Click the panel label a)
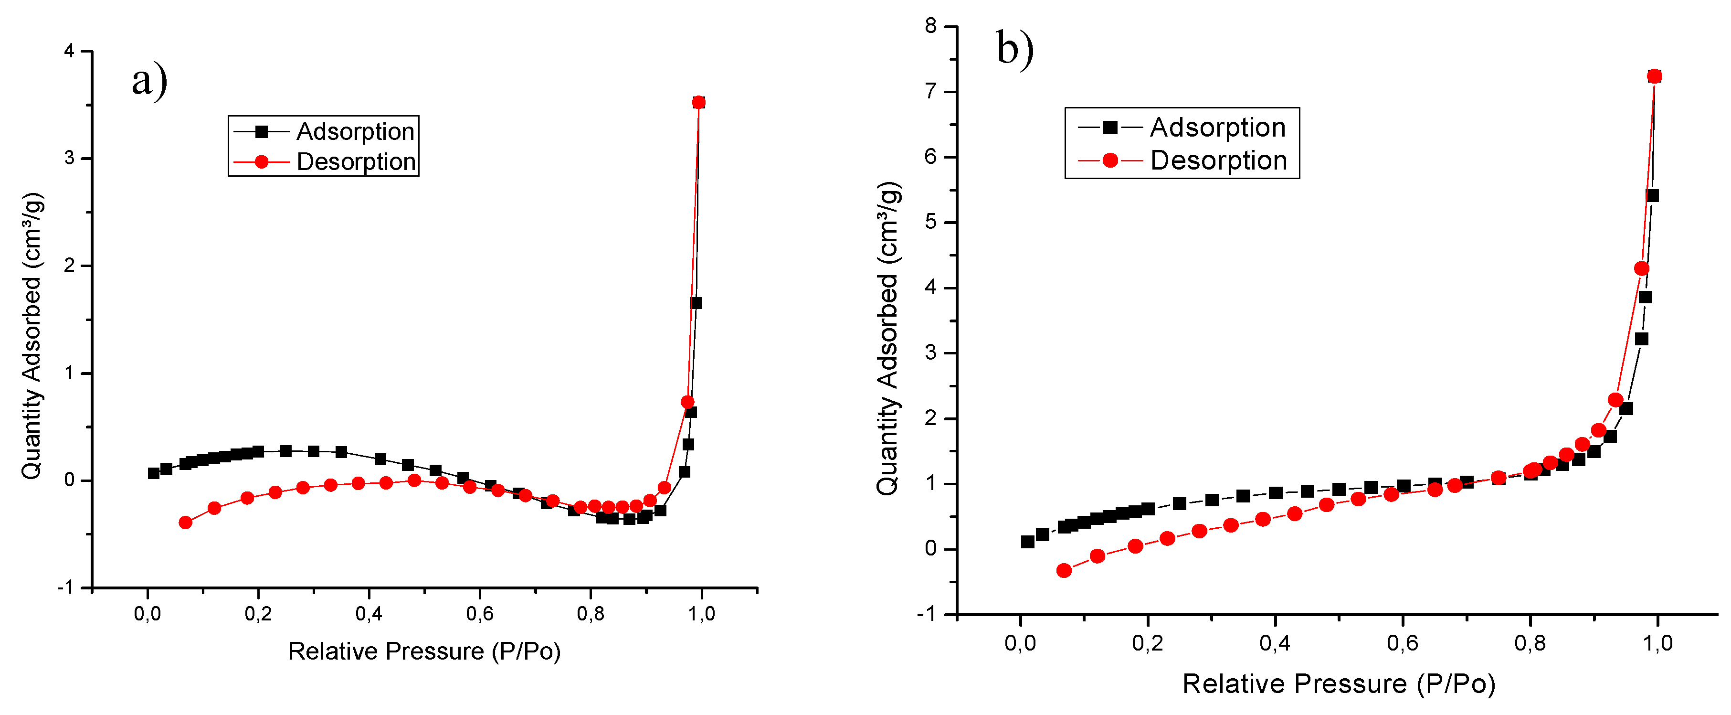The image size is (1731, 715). click(149, 81)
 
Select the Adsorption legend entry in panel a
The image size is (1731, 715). click(355, 132)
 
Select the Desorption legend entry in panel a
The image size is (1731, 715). click(356, 162)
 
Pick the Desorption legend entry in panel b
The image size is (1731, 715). click(1218, 160)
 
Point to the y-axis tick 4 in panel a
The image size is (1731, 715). click(69, 51)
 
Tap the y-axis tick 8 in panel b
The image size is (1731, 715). click(931, 26)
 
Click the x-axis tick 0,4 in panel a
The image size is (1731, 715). click(369, 614)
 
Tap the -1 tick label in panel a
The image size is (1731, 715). click(65, 588)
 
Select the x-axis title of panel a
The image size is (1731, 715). click(424, 651)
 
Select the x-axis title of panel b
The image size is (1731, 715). click(1339, 684)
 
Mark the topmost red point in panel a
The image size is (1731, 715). click(698, 103)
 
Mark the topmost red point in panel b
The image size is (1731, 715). click(1655, 76)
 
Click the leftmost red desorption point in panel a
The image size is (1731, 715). click(185, 522)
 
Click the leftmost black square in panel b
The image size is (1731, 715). click(1027, 542)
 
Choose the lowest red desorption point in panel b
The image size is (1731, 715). click(1064, 571)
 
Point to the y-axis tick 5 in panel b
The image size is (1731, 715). click(931, 223)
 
